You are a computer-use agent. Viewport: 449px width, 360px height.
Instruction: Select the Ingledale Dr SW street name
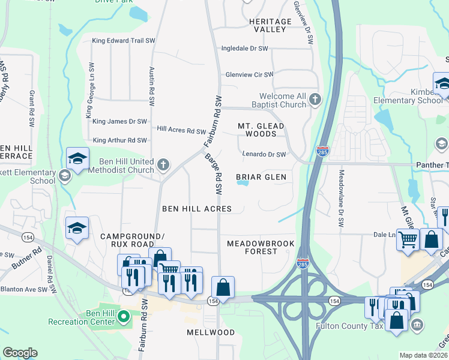coord(244,49)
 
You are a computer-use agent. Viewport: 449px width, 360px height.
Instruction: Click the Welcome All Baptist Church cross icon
coord(316,100)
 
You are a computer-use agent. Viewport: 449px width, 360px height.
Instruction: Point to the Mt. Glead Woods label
coord(261,130)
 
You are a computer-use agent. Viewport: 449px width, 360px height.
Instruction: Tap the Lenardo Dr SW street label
coord(264,154)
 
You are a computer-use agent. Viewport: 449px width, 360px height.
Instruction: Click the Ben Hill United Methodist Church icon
coord(163,164)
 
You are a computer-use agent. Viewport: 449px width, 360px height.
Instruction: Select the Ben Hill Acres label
coord(197,209)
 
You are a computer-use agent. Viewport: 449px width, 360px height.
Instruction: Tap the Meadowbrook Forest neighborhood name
coord(261,247)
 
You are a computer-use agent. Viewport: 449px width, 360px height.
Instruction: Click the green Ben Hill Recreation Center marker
coord(124,316)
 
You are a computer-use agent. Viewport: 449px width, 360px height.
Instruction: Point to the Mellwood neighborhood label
coord(211,332)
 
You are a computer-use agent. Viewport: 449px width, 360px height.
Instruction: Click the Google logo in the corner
coord(20,353)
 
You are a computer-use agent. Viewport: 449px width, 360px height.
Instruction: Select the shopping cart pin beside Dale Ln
coord(408,240)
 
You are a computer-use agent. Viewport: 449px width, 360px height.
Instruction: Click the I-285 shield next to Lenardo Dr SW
coord(322,151)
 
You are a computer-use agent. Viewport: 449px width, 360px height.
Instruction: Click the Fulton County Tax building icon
coord(417,325)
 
